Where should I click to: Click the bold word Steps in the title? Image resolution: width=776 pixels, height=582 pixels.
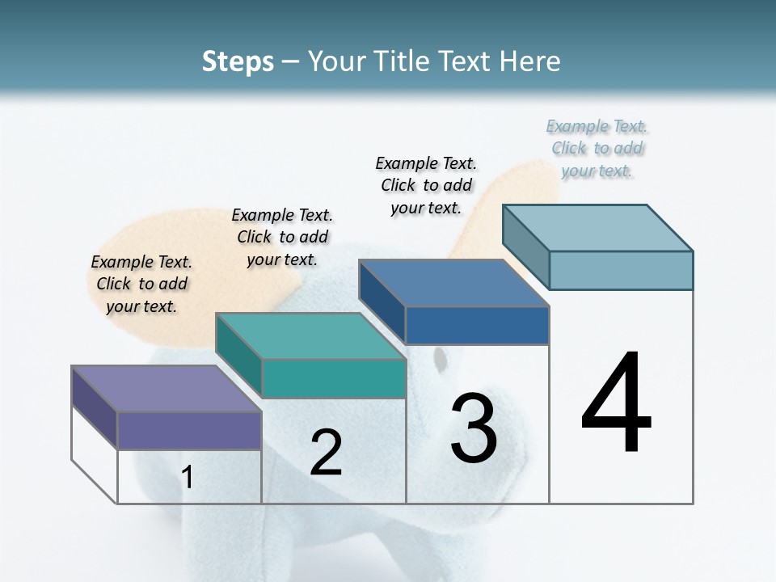238,62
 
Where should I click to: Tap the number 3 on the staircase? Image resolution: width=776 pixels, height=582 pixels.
474,428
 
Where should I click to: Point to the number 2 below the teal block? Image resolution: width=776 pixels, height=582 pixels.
326,453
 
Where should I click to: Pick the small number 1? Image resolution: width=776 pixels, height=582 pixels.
188,478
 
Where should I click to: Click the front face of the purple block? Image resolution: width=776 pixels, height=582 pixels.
189,430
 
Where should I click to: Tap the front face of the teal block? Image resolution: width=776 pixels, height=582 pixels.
333,378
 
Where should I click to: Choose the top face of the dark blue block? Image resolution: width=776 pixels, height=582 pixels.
453,283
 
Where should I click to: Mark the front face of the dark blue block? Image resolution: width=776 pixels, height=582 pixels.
477,325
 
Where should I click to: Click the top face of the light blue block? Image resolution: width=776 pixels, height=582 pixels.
597,228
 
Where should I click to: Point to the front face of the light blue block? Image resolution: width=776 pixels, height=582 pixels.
621,270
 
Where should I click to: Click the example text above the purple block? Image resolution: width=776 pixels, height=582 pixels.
141,285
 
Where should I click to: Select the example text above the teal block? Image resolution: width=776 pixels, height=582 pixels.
282,237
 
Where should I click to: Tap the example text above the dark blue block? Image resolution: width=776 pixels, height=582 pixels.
426,185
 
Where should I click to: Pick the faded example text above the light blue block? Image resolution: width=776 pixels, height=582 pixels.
597,149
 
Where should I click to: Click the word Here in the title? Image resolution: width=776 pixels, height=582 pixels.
530,62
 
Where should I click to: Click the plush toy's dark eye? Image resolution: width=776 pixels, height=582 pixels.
439,358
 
